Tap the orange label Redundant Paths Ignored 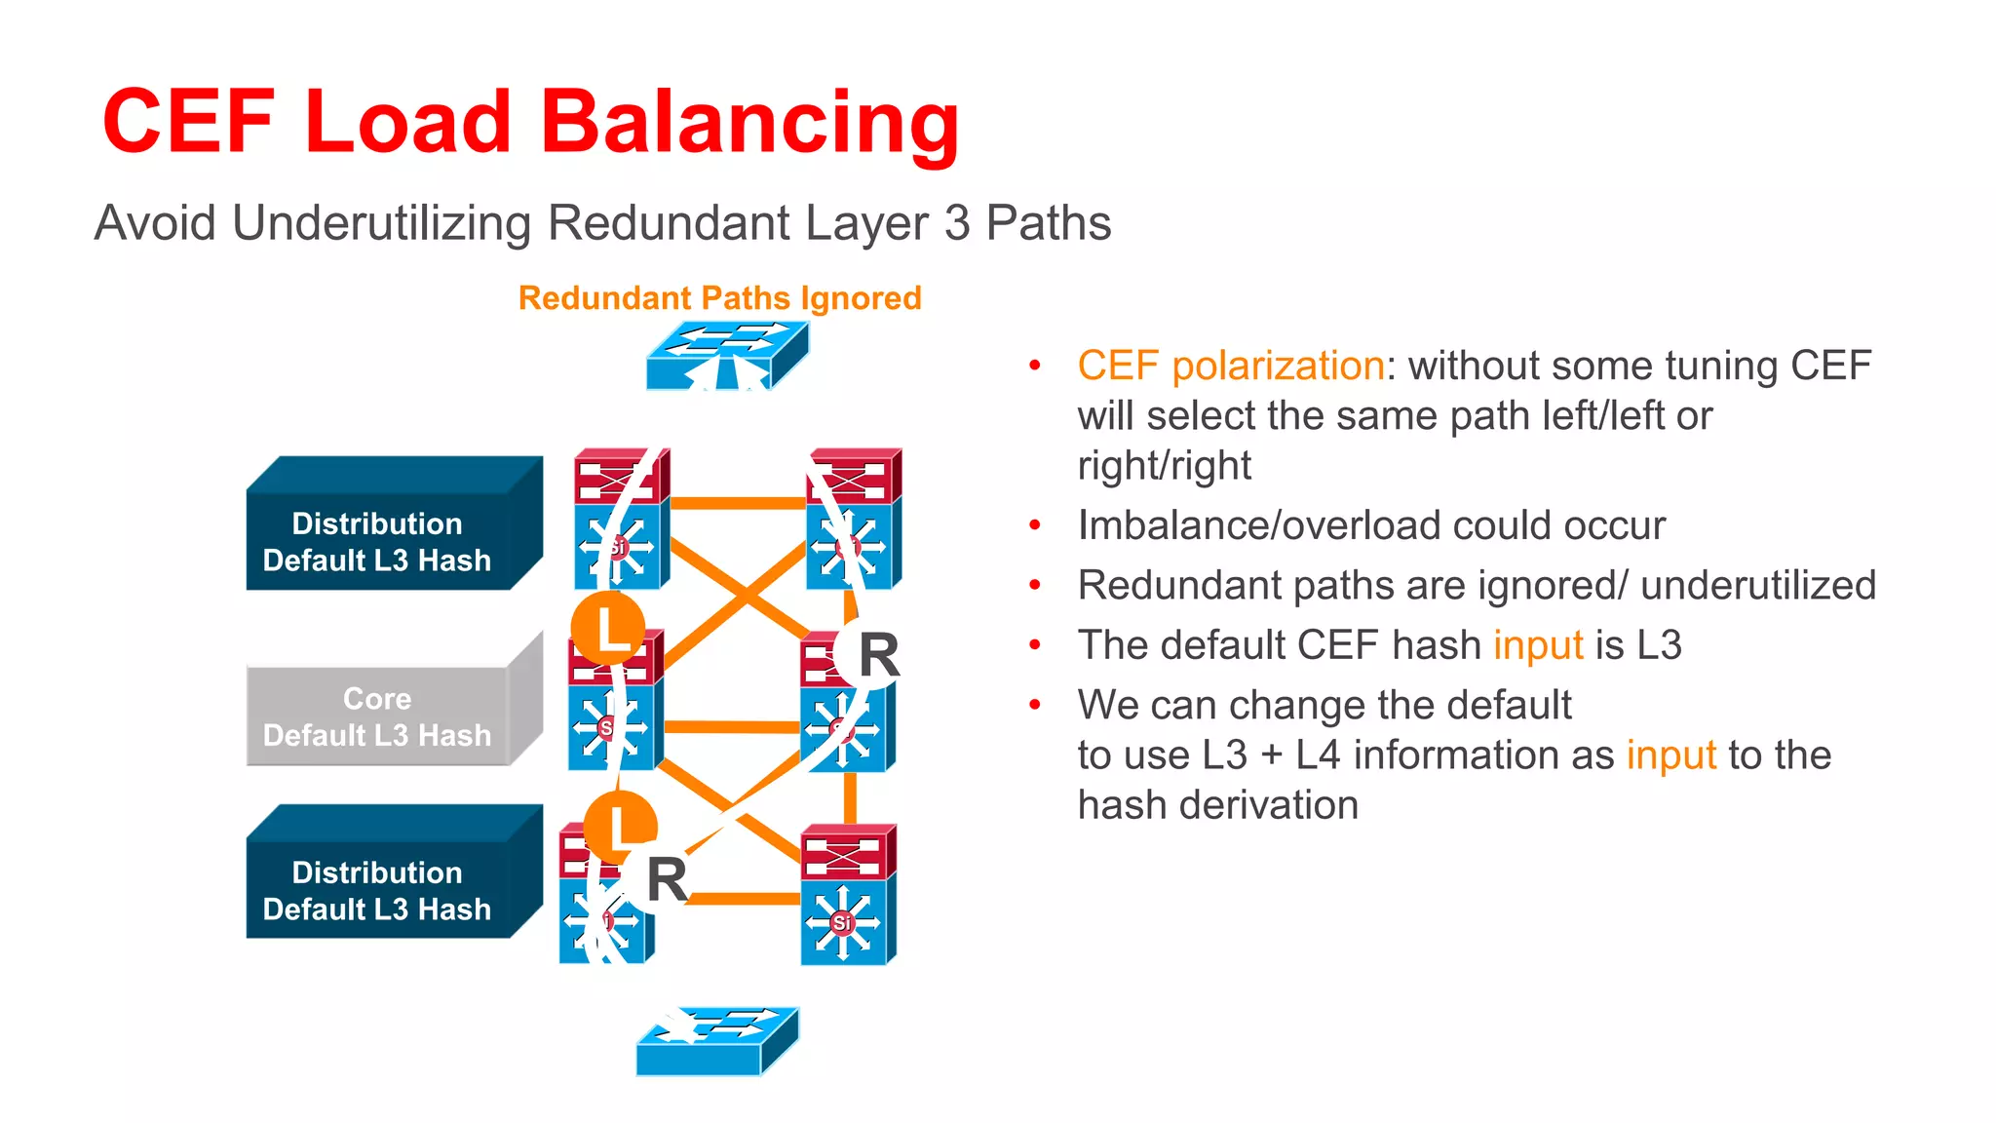719,297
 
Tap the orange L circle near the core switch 608,629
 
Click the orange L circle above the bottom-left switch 621,827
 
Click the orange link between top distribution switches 738,503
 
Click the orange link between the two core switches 731,726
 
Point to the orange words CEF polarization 1230,366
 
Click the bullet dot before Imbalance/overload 1035,525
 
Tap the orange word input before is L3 1538,645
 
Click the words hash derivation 1217,805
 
